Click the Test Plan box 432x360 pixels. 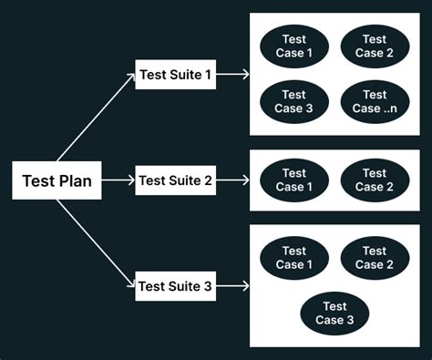pos(57,180)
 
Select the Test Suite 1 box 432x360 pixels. pos(175,74)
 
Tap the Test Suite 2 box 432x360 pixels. pos(175,180)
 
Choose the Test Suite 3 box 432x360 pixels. pos(175,287)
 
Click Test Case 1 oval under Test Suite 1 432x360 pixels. pos(293,46)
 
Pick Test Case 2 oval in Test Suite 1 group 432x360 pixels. pos(375,46)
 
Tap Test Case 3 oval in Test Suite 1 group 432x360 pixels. pos(293,101)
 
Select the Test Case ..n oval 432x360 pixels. pos(375,101)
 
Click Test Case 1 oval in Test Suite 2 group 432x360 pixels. pos(293,180)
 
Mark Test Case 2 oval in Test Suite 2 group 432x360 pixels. pos(375,180)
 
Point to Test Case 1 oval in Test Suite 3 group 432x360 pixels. pos(293,258)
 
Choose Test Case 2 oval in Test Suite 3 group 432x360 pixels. pos(375,258)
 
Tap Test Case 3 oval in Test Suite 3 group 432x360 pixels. pos(334,314)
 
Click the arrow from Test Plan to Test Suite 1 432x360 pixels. pos(96,118)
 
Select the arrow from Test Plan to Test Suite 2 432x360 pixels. pos(118,180)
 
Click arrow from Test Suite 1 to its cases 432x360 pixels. pos(232,74)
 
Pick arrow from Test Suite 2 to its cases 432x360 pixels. pos(232,180)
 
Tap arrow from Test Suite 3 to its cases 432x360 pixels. pos(232,287)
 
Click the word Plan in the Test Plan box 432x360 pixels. pos(75,180)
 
